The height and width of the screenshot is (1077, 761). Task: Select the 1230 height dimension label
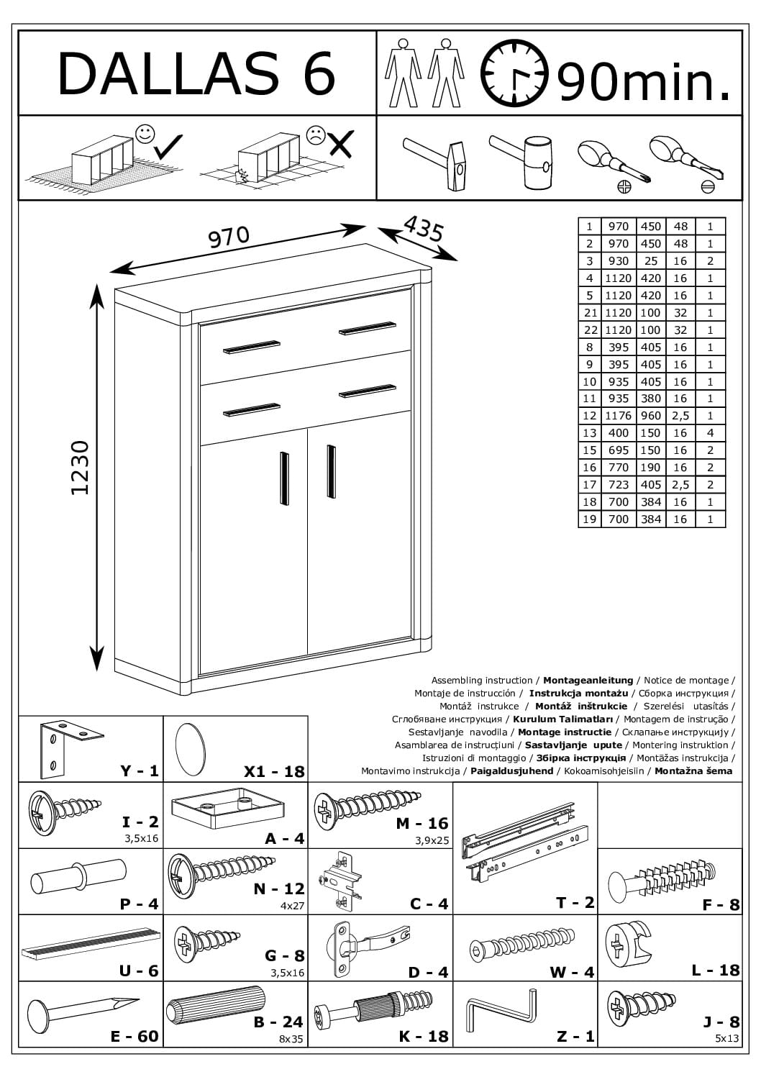point(80,468)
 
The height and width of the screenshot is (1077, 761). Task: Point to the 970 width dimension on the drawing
point(229,237)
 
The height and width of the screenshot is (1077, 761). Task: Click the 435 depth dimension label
point(424,229)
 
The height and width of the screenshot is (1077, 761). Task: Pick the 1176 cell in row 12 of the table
point(618,416)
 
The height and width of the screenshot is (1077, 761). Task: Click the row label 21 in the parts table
point(590,313)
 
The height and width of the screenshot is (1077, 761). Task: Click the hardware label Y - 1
point(140,771)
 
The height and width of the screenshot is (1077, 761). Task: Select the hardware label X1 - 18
point(274,771)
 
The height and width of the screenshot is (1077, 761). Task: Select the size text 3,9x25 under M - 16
point(432,840)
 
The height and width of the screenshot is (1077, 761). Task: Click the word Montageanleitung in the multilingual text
point(588,680)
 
